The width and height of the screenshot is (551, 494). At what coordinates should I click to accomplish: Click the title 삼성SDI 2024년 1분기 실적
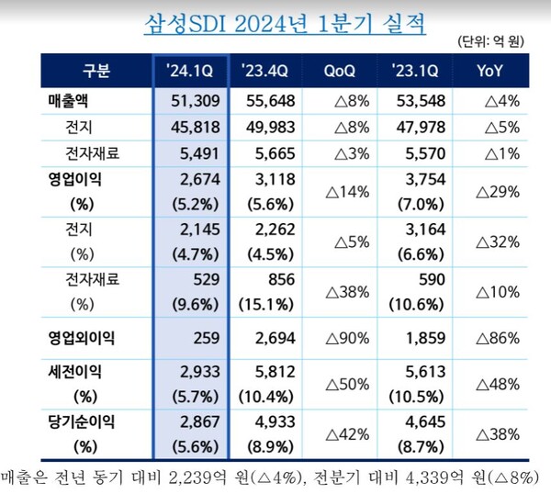click(x=285, y=21)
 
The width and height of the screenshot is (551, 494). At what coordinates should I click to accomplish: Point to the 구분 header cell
click(x=96, y=69)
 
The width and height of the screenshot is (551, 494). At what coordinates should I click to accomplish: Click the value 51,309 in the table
click(x=193, y=98)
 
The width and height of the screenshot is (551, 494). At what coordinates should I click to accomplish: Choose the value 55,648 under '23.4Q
click(x=272, y=98)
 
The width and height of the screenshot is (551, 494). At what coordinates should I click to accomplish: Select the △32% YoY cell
click(x=502, y=242)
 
